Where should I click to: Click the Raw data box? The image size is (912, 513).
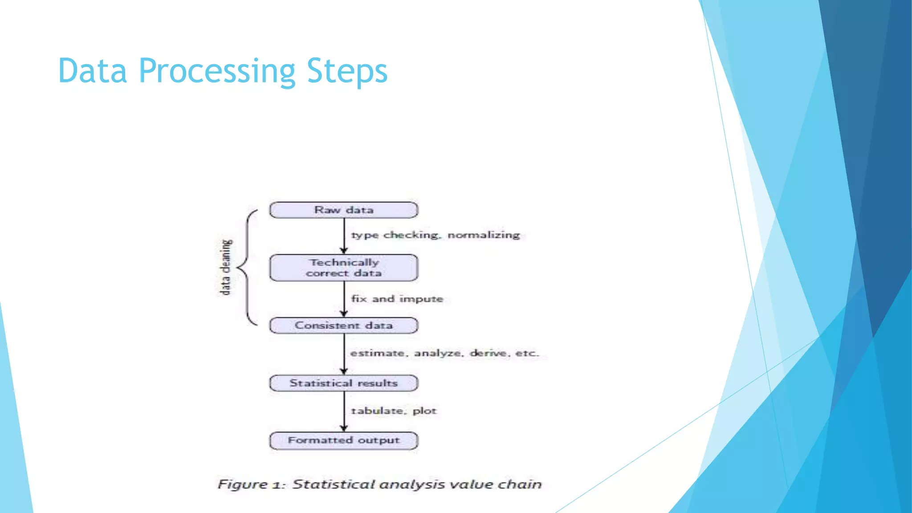[x=344, y=210]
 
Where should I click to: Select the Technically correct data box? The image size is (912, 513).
[x=344, y=268]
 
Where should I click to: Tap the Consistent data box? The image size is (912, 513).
[x=344, y=326]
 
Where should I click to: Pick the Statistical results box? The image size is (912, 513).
[x=344, y=383]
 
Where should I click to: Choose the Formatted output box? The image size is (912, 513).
[x=344, y=440]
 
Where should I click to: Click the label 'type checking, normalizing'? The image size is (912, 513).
[x=435, y=235]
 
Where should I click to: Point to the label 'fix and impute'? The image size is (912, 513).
[x=397, y=299]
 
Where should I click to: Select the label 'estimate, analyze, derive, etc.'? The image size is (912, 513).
[x=444, y=353]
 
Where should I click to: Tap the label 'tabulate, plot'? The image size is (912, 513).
[x=394, y=411]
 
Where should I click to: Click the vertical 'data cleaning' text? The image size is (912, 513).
[x=226, y=267]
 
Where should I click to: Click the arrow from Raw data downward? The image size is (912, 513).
[x=344, y=236]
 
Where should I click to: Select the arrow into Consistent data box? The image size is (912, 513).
[x=344, y=299]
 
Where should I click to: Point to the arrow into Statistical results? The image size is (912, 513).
[x=344, y=354]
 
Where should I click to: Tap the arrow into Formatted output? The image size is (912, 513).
[x=344, y=412]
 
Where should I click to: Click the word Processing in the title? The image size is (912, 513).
[x=217, y=71]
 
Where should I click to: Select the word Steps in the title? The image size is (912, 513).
[x=347, y=71]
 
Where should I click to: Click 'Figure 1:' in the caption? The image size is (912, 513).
[x=251, y=484]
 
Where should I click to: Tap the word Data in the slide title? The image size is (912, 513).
[x=92, y=71]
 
